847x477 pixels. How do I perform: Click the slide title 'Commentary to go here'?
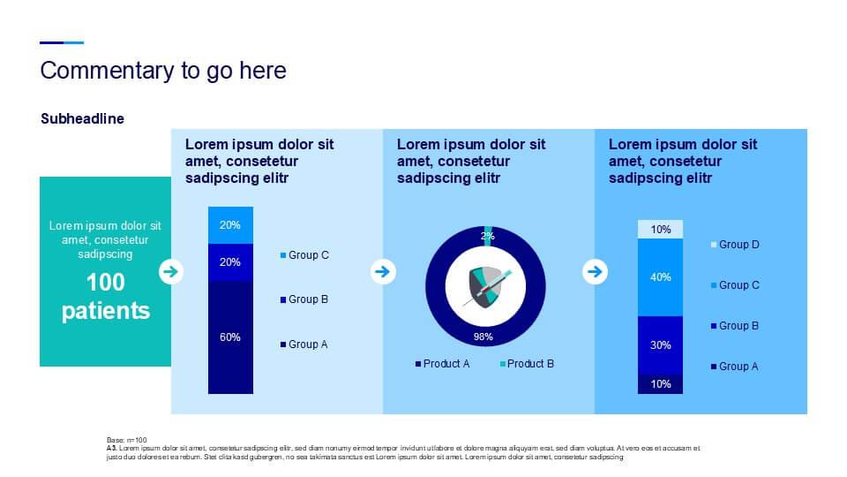coord(163,71)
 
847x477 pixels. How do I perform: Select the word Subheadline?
coord(82,118)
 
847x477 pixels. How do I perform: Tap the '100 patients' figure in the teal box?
coord(106,297)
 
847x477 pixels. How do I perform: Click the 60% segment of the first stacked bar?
coord(230,337)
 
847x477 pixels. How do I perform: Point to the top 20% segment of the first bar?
coord(230,225)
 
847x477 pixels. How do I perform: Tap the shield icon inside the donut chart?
coord(488,285)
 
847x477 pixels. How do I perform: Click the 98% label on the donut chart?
coord(483,337)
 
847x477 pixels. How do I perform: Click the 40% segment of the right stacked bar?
coord(661,277)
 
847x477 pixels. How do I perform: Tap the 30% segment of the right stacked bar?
coord(661,345)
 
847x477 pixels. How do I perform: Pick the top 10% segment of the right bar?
coord(661,230)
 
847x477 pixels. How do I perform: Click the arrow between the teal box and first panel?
coord(171,271)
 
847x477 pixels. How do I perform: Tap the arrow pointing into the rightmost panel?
coord(596,271)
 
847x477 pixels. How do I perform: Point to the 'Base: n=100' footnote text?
coord(126,440)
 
